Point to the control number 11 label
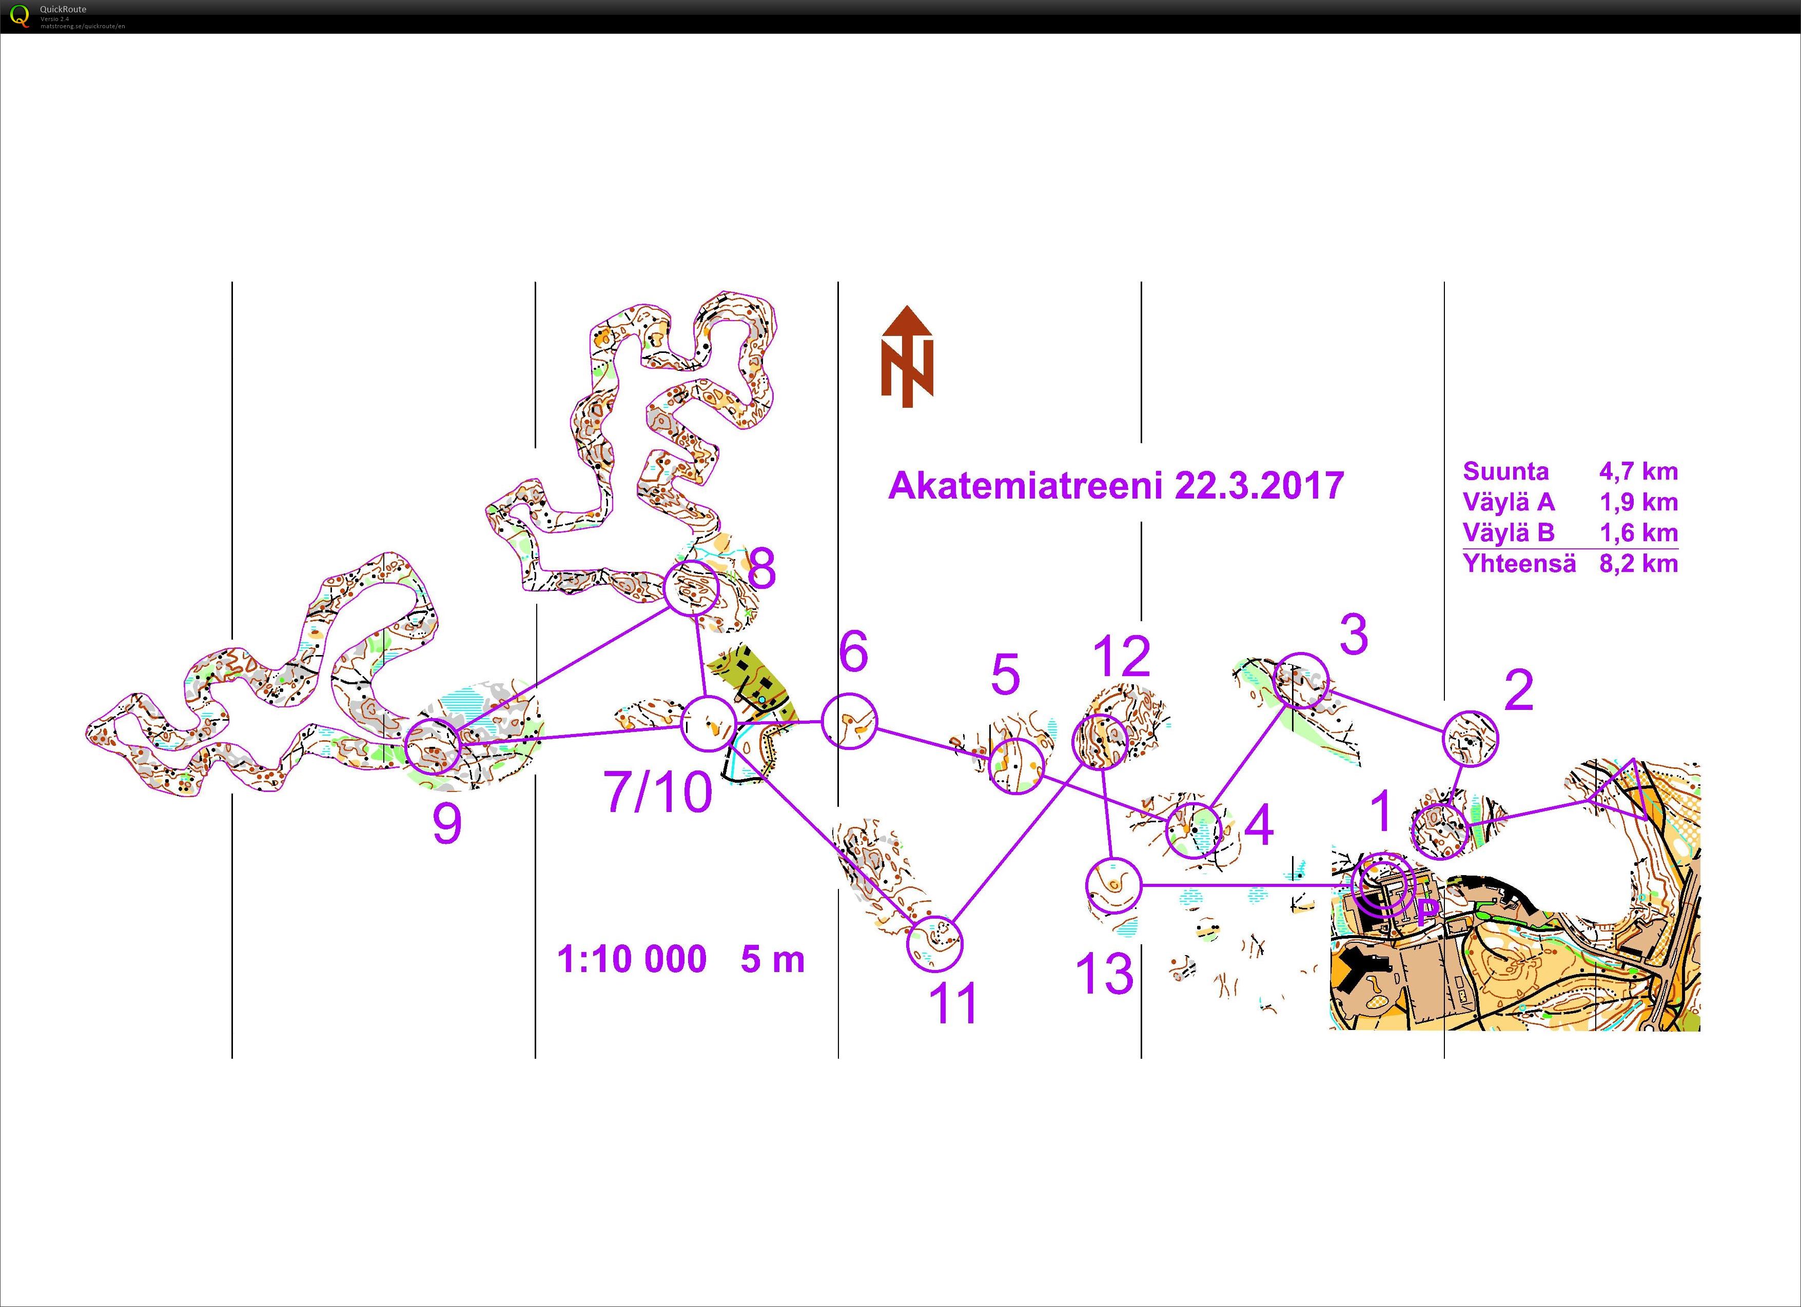point(954,1004)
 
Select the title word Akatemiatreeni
point(1025,486)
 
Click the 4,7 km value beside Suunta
point(1638,472)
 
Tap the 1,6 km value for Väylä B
point(1638,533)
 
